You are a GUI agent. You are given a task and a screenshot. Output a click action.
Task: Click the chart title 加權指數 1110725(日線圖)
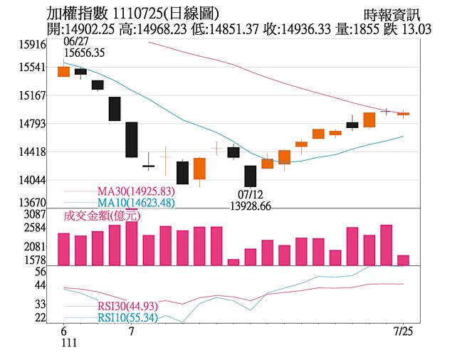132,14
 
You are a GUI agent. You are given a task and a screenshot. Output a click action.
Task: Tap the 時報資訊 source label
392,14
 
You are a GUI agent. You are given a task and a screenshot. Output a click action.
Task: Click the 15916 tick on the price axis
33,44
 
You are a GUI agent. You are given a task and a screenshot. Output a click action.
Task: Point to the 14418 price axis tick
33,152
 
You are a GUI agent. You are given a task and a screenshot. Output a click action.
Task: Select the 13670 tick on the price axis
33,203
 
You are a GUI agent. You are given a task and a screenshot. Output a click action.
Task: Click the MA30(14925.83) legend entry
135,191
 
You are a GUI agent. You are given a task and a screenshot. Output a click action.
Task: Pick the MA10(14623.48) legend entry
135,203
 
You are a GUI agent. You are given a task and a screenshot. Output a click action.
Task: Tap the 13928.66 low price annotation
250,206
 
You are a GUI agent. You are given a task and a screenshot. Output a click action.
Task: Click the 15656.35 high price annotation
84,53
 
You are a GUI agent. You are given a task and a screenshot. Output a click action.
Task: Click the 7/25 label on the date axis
404,332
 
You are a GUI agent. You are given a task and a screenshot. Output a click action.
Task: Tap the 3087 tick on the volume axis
35,214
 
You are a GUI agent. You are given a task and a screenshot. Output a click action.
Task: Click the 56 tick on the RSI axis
40,271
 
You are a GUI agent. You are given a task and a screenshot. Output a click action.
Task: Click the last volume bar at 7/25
403,260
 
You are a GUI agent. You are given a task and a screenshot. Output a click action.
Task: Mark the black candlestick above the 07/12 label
250,176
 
